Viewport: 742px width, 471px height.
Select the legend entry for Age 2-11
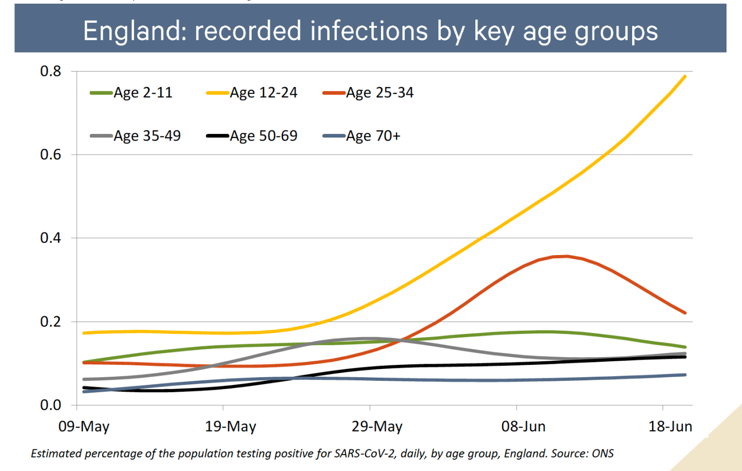pyautogui.click(x=131, y=93)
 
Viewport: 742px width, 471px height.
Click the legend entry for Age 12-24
pyautogui.click(x=252, y=93)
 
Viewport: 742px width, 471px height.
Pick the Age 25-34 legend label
pyautogui.click(x=368, y=93)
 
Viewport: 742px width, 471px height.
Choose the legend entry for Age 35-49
pyautogui.click(x=136, y=136)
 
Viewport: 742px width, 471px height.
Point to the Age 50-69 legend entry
pyautogui.click(x=252, y=136)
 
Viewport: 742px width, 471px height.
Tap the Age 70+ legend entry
pyautogui.click(x=361, y=136)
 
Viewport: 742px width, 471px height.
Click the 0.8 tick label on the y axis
pyautogui.click(x=51, y=71)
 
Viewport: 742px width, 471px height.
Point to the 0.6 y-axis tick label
pyautogui.click(x=51, y=155)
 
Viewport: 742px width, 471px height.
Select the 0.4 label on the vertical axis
pyautogui.click(x=51, y=238)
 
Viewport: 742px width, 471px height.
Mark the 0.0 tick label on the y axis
pyautogui.click(x=51, y=405)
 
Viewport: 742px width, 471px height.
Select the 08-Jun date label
pyautogui.click(x=523, y=426)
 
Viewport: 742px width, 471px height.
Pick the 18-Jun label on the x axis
pyautogui.click(x=670, y=426)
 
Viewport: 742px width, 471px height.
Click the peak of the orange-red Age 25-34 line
pyautogui.click(x=567, y=256)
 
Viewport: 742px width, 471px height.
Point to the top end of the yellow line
pyautogui.click(x=685, y=76)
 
